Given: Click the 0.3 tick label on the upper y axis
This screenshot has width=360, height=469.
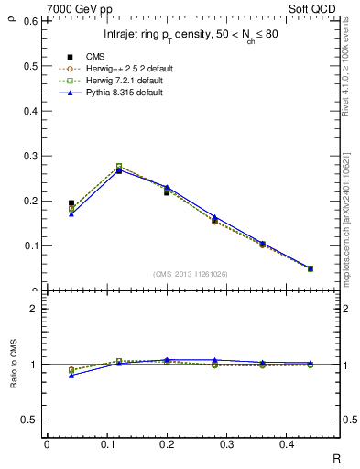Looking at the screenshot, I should (29, 155).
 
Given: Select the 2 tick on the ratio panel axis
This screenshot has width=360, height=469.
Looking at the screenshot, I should (34, 310).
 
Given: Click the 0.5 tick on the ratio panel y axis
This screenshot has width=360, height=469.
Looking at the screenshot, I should (29, 420).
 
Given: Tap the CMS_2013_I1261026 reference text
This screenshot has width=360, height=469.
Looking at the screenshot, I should (191, 273).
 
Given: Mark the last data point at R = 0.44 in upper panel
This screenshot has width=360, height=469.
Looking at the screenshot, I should (310, 268).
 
